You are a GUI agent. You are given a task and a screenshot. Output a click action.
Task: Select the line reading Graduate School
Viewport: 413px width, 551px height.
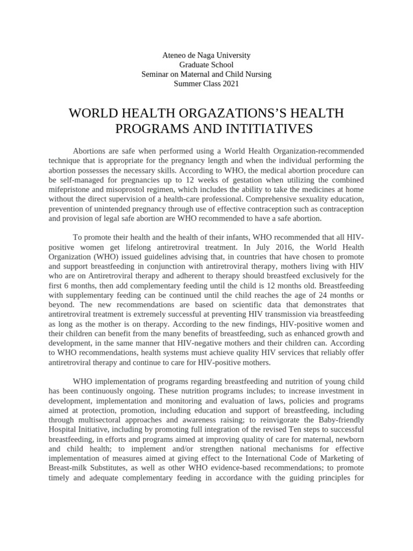click(x=206, y=65)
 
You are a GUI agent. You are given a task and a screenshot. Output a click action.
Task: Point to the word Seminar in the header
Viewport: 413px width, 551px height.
click(x=155, y=74)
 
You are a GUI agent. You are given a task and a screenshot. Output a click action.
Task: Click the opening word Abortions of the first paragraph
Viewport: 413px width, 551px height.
click(x=90, y=151)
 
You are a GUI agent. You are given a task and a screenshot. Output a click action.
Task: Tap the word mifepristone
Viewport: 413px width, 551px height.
click(x=72, y=189)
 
